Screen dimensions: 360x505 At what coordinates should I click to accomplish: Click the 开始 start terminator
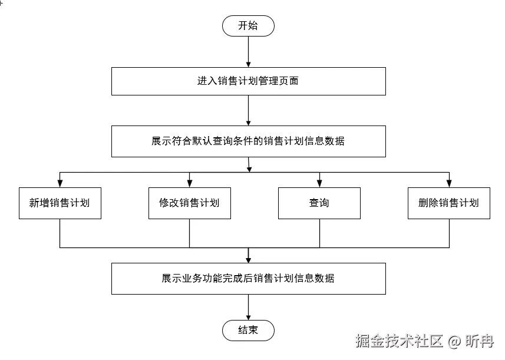pyautogui.click(x=248, y=26)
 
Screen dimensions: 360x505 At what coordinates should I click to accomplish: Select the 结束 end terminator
pyautogui.click(x=248, y=331)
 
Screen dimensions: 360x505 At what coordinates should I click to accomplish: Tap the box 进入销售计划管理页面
pyautogui.click(x=248, y=81)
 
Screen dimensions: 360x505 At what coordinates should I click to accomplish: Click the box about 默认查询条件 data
pyautogui.click(x=248, y=141)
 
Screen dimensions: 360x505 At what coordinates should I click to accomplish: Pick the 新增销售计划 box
pyautogui.click(x=60, y=203)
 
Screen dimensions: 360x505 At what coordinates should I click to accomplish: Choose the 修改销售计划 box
pyautogui.click(x=189, y=203)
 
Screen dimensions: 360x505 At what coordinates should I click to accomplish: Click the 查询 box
pyautogui.click(x=319, y=203)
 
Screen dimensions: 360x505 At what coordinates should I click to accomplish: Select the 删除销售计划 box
pyautogui.click(x=448, y=203)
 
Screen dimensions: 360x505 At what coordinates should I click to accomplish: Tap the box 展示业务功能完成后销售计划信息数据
pyautogui.click(x=248, y=279)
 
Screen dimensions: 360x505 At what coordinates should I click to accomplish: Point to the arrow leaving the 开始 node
pyautogui.click(x=248, y=52)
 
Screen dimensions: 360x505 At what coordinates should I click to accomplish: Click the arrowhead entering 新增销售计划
pyautogui.click(x=60, y=183)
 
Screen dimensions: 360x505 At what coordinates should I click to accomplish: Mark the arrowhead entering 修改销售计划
pyautogui.click(x=189, y=183)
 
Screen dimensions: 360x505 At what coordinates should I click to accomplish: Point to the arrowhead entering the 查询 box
pyautogui.click(x=319, y=183)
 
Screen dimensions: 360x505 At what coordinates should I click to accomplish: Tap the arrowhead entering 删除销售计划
pyautogui.click(x=448, y=183)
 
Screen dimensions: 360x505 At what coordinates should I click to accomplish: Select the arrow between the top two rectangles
pyautogui.click(x=248, y=110)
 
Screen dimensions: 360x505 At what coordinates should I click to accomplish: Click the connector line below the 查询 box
pyautogui.click(x=319, y=233)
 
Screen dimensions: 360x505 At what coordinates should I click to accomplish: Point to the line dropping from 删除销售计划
pyautogui.click(x=448, y=233)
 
